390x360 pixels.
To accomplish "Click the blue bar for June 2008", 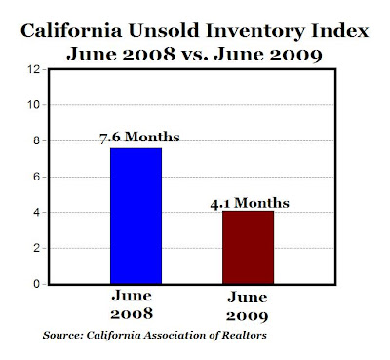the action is [136, 216].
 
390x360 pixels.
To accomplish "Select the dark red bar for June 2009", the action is [248, 248].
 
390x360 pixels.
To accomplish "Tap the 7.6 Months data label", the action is [139, 137].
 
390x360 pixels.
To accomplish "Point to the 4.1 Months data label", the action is [250, 203].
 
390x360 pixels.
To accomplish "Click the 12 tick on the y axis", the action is [33, 69].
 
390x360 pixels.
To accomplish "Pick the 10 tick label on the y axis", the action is [33, 105].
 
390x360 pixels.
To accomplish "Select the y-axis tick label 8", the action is [36, 141].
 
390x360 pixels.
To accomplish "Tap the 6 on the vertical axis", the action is [36, 177].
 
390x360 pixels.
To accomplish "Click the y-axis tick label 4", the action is [36, 213].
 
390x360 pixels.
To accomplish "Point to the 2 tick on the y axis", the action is [36, 248].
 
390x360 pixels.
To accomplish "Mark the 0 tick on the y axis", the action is [36, 284].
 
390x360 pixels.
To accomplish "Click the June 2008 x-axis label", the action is [132, 304].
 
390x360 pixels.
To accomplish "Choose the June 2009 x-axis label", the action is [248, 306].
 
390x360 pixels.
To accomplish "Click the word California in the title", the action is [71, 31].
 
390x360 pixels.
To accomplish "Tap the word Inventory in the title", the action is [255, 32].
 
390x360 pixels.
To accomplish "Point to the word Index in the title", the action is [340, 31].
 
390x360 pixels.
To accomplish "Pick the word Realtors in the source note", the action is [244, 335].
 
